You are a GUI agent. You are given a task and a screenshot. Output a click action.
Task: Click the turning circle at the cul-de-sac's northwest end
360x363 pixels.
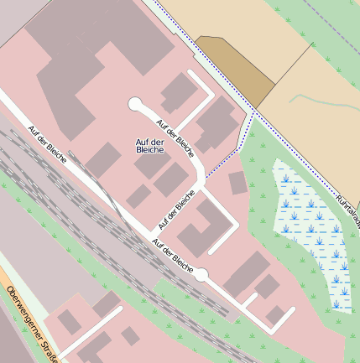(135, 104)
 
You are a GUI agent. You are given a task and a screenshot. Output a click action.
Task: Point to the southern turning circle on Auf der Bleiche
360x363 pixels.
(201, 274)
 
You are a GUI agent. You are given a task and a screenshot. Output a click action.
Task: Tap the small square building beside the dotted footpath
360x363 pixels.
(237, 182)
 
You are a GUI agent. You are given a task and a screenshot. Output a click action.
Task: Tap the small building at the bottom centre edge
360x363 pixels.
(131, 336)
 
